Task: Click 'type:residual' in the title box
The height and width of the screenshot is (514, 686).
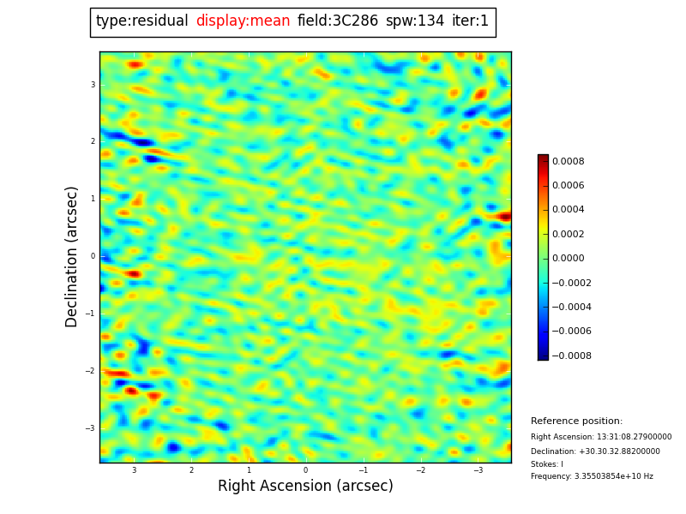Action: (x=141, y=21)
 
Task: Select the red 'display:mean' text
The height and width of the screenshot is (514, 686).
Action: (x=243, y=21)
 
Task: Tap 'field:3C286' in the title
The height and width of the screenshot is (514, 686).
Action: (x=337, y=21)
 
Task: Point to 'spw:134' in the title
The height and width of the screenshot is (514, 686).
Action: (x=415, y=21)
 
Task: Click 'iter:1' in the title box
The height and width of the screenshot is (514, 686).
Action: (x=470, y=21)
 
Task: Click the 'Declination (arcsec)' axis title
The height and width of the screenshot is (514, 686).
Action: (x=72, y=256)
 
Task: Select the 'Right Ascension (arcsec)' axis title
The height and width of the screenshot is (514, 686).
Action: (x=305, y=487)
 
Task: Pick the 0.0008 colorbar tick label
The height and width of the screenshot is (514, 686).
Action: (x=568, y=161)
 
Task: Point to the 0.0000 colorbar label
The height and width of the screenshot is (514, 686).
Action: (x=568, y=258)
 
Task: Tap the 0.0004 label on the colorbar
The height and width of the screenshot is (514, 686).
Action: (x=568, y=210)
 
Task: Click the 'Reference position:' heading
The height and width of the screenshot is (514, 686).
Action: (x=576, y=421)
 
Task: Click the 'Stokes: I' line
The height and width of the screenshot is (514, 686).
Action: (x=547, y=464)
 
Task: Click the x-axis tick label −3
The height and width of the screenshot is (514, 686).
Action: (x=478, y=470)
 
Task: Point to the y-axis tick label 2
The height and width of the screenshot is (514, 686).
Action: (x=93, y=141)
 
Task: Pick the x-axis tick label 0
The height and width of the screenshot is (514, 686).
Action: (x=305, y=470)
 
